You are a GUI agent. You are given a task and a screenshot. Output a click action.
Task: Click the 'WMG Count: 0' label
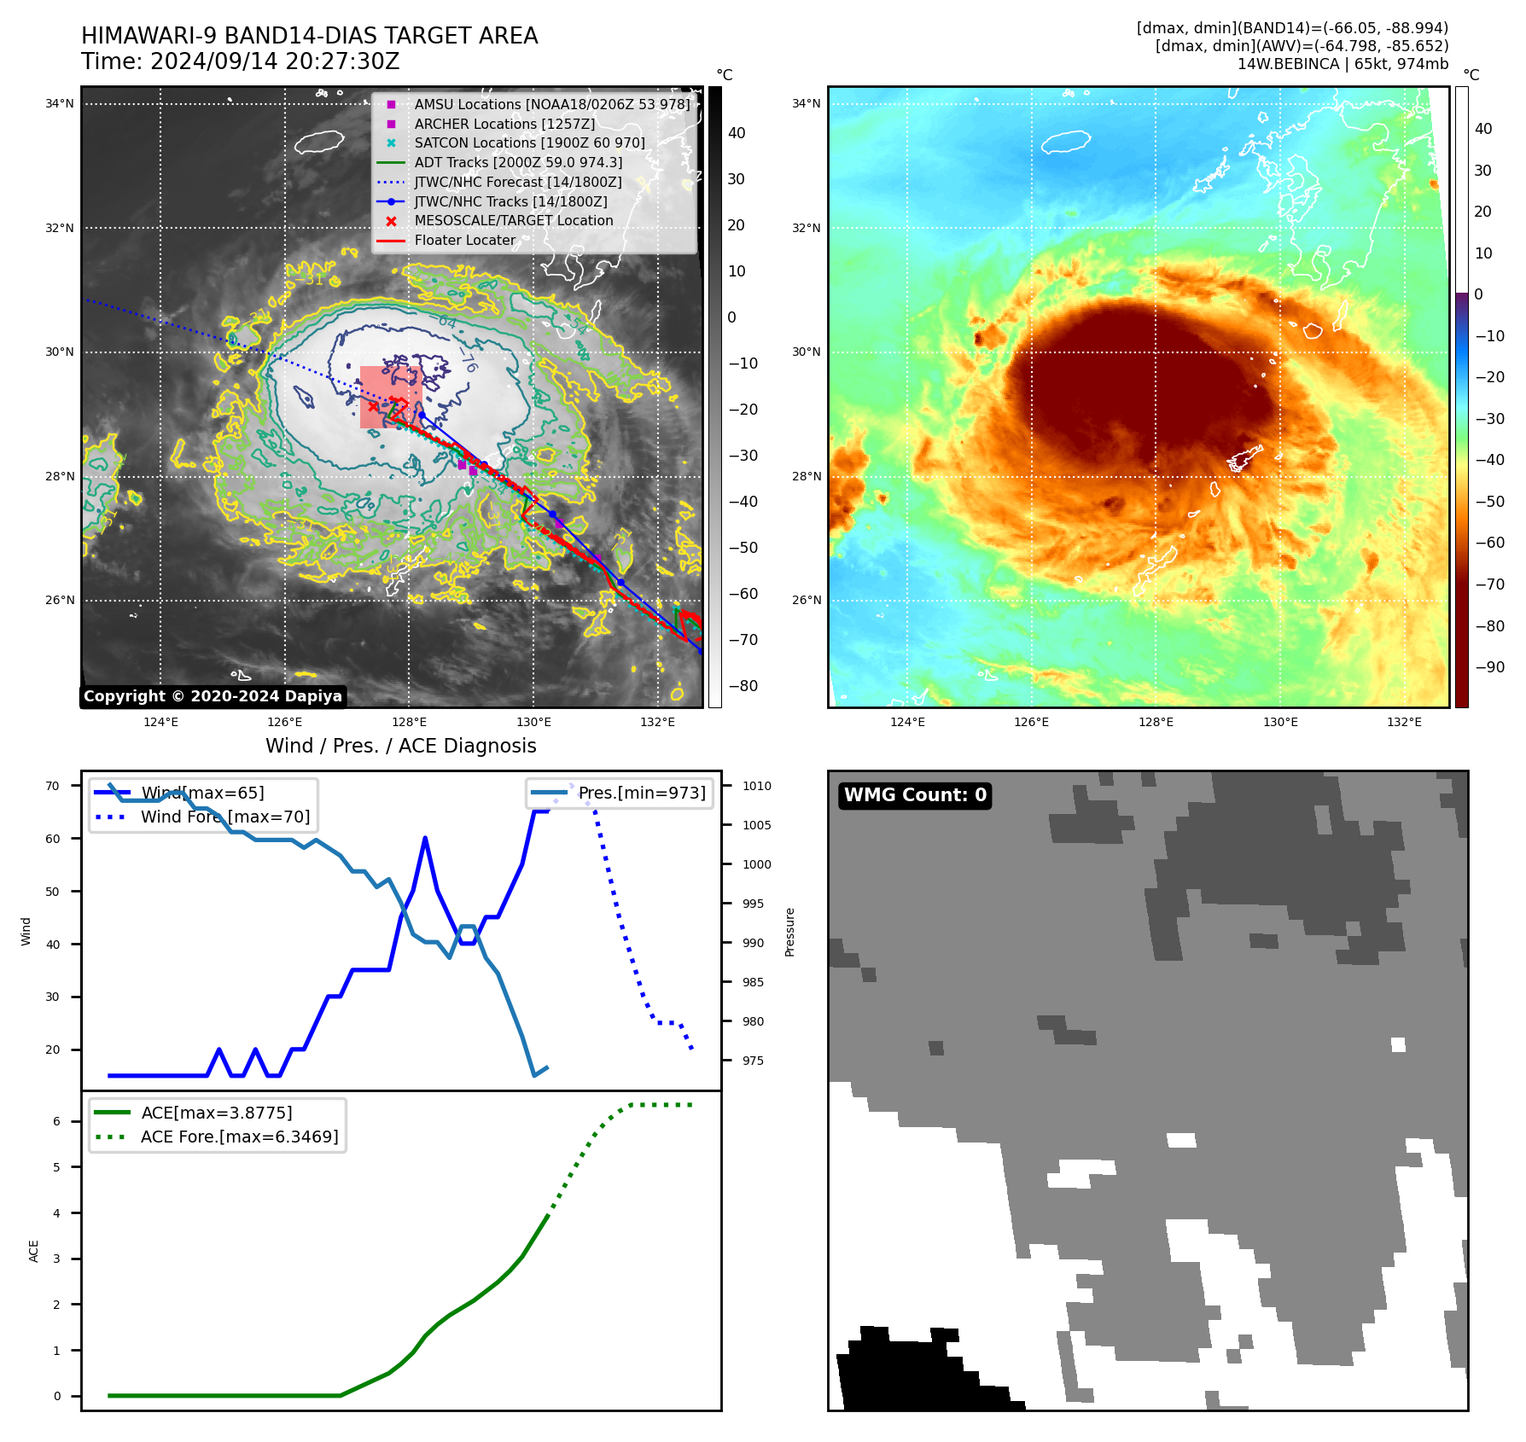(x=915, y=795)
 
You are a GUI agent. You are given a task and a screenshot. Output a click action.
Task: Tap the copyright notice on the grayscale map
(x=213, y=696)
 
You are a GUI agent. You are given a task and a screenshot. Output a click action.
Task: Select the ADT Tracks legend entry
(x=518, y=162)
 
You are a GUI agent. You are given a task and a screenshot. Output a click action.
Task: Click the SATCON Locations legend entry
(x=529, y=142)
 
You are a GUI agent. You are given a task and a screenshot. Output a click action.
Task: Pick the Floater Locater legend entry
(x=465, y=240)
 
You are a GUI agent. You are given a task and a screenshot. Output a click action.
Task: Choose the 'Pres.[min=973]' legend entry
(x=642, y=793)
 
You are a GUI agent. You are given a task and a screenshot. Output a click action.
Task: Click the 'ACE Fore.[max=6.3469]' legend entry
(x=239, y=1137)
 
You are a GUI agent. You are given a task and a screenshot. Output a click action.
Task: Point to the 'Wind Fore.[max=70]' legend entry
(x=225, y=817)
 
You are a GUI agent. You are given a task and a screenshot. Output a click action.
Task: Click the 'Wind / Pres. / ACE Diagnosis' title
(x=401, y=746)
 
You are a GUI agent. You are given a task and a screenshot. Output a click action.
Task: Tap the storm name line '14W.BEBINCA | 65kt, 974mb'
(x=1343, y=64)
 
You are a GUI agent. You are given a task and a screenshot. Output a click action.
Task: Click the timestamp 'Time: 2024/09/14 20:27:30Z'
(x=241, y=61)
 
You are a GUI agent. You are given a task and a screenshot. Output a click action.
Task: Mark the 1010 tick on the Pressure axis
(x=756, y=786)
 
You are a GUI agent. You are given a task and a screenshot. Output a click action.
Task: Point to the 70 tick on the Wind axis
(x=53, y=786)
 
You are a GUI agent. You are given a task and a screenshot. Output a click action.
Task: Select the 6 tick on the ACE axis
(x=57, y=1121)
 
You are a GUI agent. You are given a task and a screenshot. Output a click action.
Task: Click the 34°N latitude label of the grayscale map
(x=60, y=104)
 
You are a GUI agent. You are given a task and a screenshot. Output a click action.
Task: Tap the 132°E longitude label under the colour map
(x=1404, y=722)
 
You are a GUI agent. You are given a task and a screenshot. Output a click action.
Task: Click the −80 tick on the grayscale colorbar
(x=743, y=686)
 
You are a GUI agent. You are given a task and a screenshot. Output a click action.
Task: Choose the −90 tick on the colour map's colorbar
(x=1489, y=667)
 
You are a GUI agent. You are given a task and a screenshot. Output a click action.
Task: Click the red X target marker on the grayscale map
(x=373, y=407)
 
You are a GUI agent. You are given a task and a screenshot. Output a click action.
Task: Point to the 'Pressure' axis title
(x=789, y=932)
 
